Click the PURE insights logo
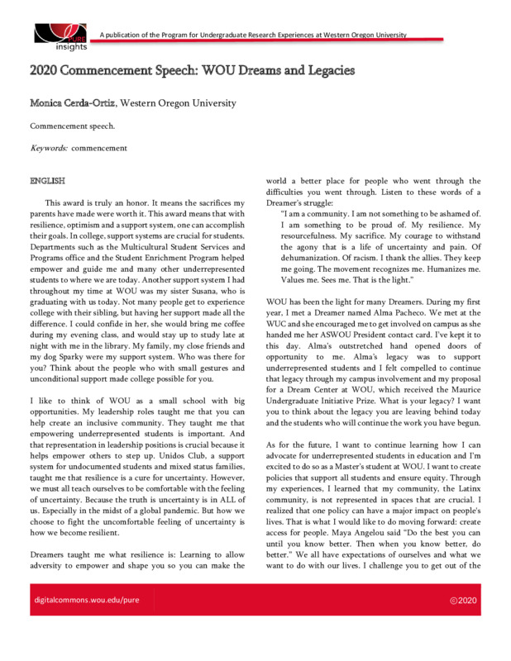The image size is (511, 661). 60,37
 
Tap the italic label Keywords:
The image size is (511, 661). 48,149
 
